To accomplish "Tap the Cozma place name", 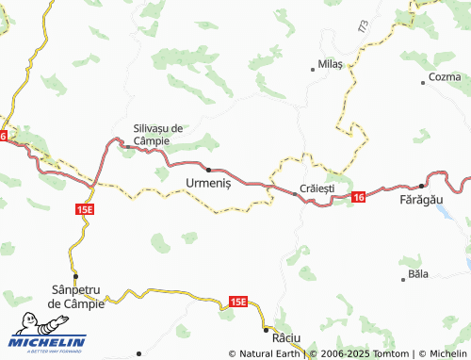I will pos(445,76).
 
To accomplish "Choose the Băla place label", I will pos(415,273).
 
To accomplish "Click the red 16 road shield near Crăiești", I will pos(359,198).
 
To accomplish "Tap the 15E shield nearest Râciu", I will pos(237,302).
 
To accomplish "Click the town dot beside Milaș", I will pos(313,68).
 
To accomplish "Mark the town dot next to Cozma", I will pos(426,84).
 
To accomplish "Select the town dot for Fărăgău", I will pos(420,186).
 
